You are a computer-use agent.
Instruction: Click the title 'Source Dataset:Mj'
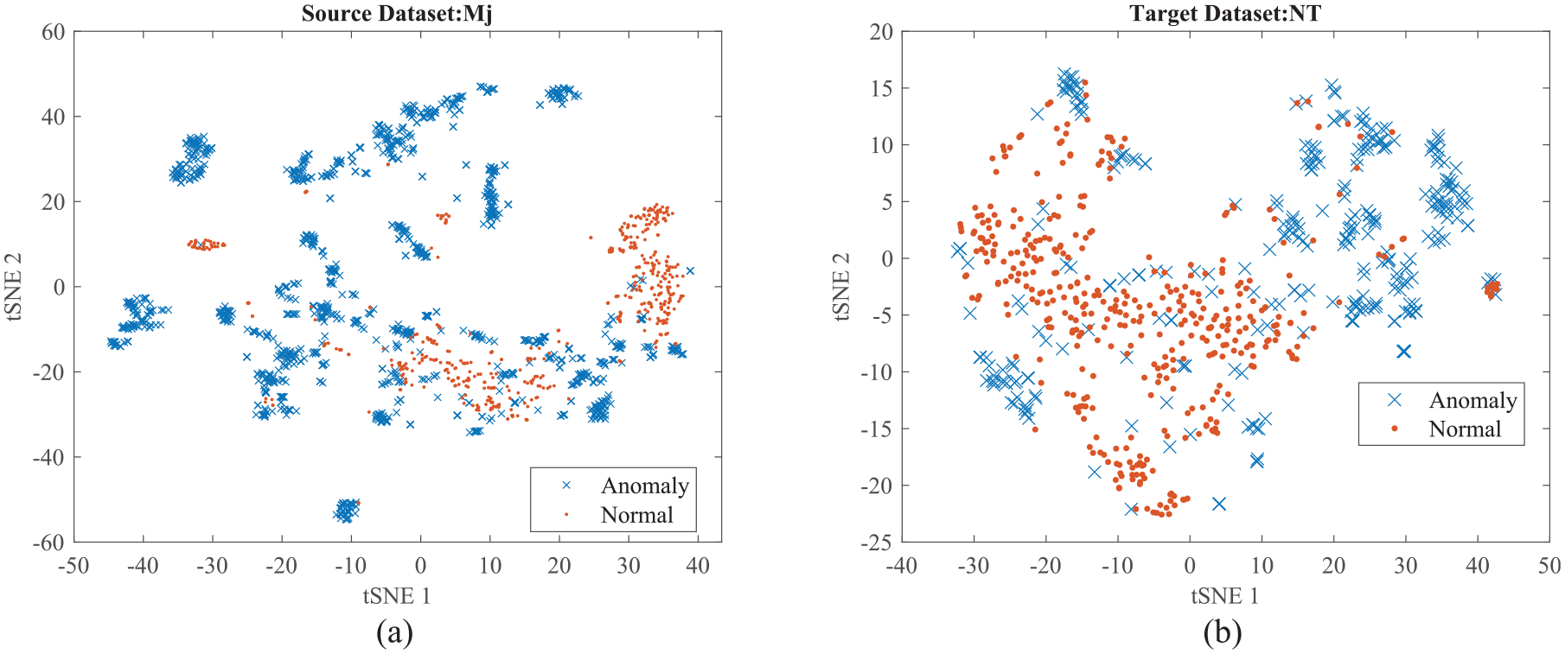[397, 14]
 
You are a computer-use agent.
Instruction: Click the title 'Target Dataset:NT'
[1225, 14]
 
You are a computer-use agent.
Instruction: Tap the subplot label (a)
[394, 633]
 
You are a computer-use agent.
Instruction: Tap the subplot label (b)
[1223, 633]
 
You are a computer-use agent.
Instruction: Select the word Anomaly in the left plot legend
[645, 486]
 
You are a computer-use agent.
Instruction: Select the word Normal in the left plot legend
[636, 516]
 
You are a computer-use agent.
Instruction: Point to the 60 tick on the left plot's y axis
[53, 32]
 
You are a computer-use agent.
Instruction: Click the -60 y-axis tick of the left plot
[48, 543]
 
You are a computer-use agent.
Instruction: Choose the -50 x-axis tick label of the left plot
[73, 566]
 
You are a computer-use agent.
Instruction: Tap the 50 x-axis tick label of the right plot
[1549, 566]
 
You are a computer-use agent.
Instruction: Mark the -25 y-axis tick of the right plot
[877, 543]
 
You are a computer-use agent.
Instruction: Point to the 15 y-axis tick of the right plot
[881, 88]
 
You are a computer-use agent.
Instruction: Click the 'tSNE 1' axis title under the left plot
[397, 596]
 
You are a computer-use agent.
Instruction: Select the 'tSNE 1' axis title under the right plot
[1225, 596]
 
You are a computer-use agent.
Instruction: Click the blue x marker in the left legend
[566, 486]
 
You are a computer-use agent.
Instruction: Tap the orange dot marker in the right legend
[1395, 429]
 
